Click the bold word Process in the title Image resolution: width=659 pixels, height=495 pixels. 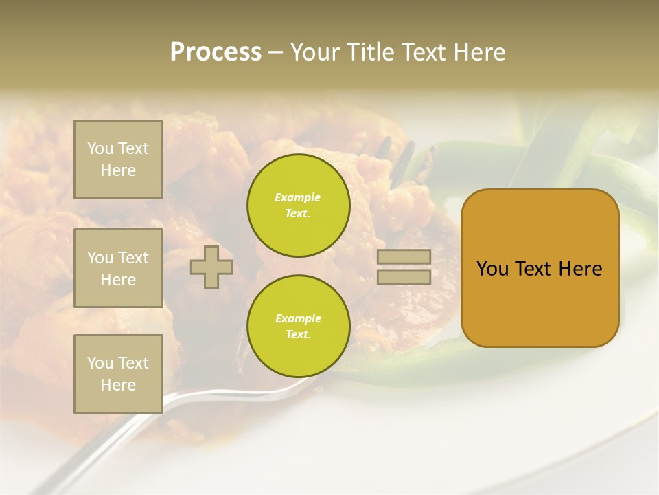point(216,52)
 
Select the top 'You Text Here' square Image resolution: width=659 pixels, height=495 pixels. point(118,159)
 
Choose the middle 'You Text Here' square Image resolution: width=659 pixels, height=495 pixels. point(118,268)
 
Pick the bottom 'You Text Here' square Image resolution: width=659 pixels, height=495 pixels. point(118,373)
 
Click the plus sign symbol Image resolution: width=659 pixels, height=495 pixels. point(211,267)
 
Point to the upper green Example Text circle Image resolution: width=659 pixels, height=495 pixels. point(298,206)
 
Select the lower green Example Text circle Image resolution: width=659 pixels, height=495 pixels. point(298,327)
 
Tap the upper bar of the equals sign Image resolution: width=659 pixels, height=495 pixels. point(404,256)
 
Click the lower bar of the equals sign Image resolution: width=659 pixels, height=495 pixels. point(404,276)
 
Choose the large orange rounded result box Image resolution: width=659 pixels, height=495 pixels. point(540,268)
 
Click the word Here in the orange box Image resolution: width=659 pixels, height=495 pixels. point(580,269)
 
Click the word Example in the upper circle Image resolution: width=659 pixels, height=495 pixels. point(298,198)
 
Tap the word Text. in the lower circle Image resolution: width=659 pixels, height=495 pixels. point(298,335)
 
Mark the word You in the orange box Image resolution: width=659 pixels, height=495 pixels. point(492,269)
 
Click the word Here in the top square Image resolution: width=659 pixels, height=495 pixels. point(118,170)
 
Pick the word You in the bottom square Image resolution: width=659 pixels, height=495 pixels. point(100,362)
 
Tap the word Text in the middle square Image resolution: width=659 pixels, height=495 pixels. point(132,258)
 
